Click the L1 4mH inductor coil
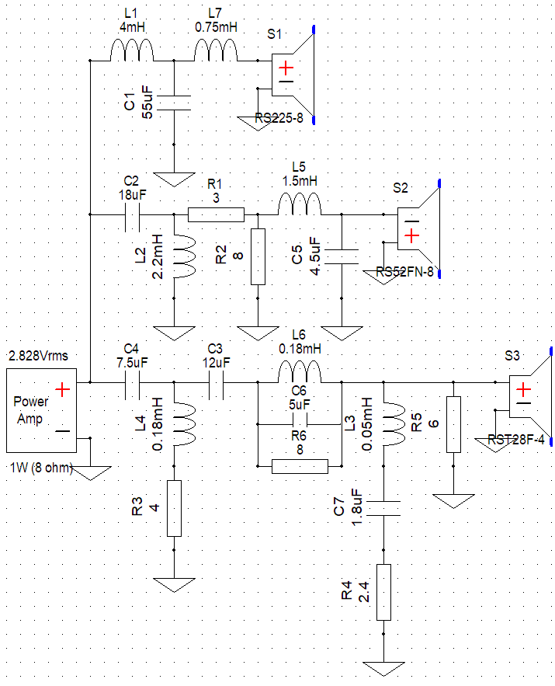[x=132, y=50]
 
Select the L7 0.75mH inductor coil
[x=216, y=50]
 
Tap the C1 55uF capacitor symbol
[x=174, y=103]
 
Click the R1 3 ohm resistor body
[x=216, y=215]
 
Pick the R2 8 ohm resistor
[x=258, y=256]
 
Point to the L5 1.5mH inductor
[x=300, y=204]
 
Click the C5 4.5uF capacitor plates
[x=342, y=257]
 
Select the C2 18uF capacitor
[x=132, y=215]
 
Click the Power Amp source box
[x=41, y=410]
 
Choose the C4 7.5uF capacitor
[x=132, y=383]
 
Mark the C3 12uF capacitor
[x=216, y=383]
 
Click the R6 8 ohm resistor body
[x=300, y=466]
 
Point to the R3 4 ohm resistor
[x=174, y=508]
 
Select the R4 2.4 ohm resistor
[x=383, y=592]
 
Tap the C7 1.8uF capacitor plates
[x=383, y=508]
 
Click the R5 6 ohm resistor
[x=453, y=424]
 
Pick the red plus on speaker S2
[x=411, y=236]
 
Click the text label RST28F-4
[x=516, y=440]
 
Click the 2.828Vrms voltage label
[x=39, y=356]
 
